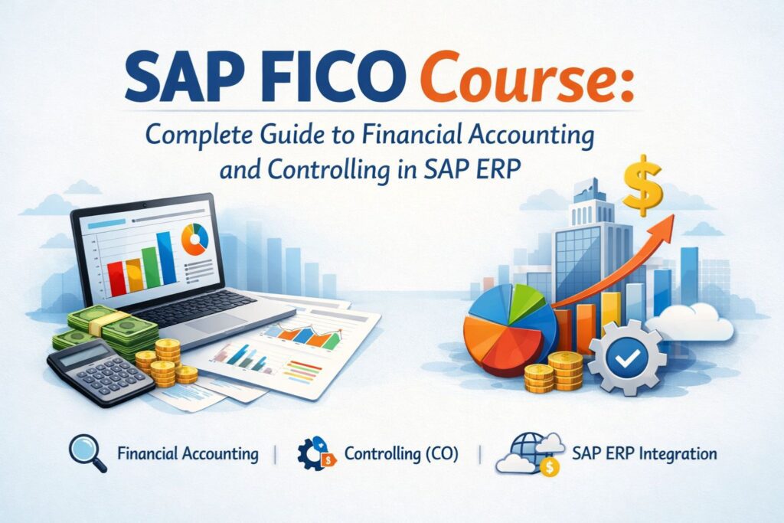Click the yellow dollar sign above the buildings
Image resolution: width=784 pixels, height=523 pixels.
coord(642,186)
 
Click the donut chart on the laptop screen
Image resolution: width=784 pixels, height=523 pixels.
coord(195,240)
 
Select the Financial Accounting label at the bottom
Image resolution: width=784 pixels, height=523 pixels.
coord(188,453)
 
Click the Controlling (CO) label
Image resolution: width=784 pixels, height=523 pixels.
coord(401,453)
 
